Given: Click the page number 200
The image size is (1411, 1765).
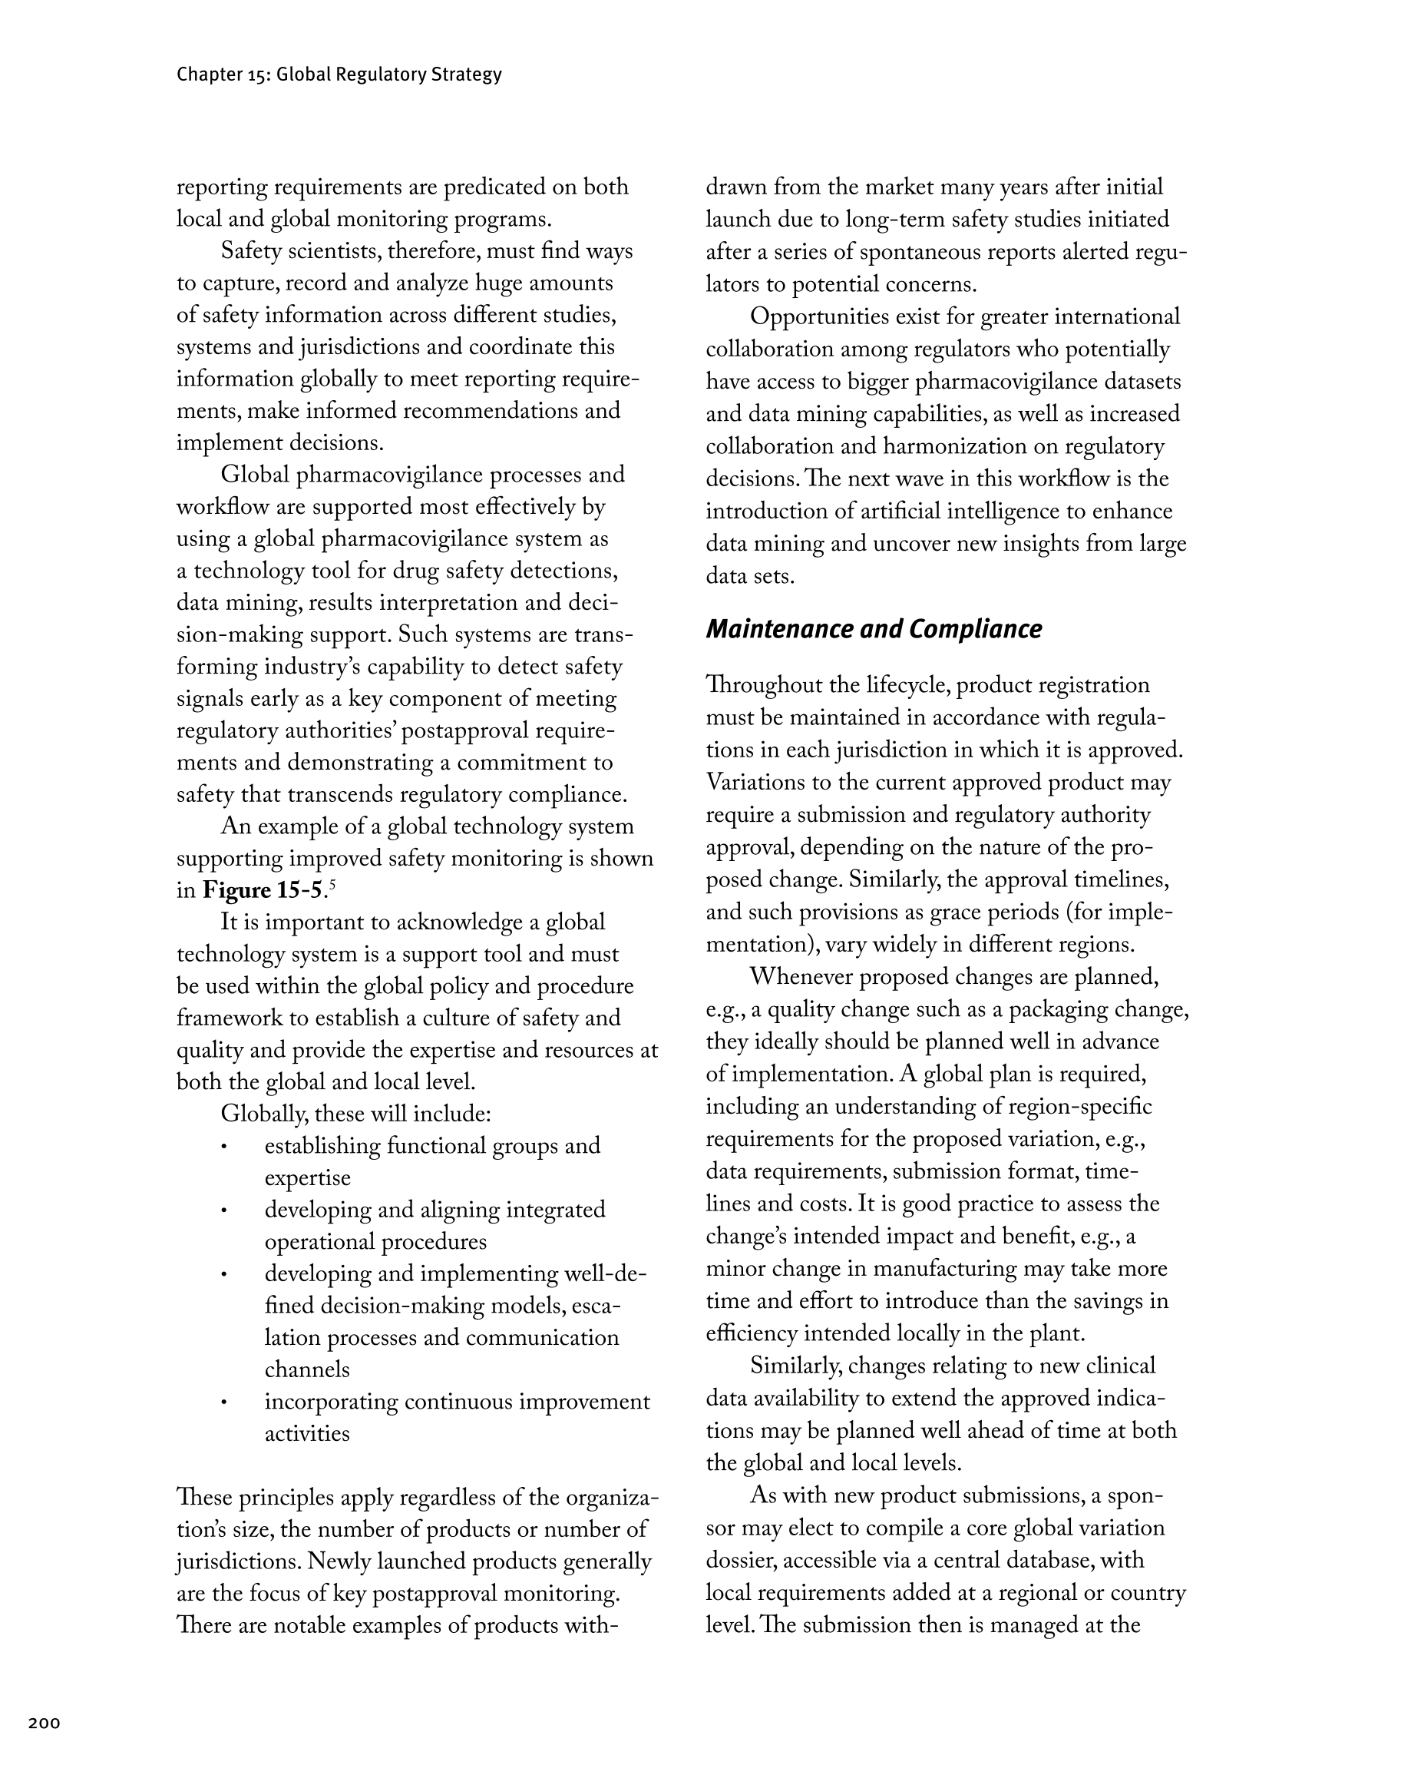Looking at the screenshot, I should [x=45, y=1724].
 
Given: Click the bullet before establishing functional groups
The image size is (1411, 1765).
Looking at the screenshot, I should [x=223, y=1147].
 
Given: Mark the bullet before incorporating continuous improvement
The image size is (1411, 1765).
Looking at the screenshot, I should [x=223, y=1403].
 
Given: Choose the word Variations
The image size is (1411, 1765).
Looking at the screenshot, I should [x=755, y=783].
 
